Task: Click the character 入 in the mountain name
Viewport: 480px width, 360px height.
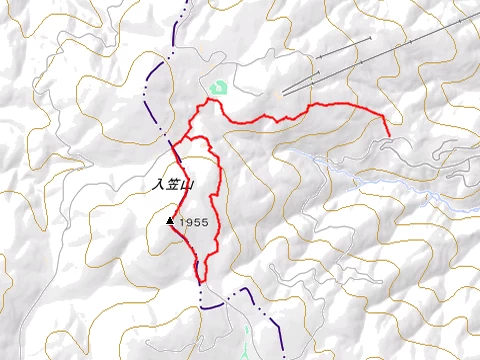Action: click(157, 184)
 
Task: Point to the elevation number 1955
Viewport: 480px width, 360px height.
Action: click(194, 222)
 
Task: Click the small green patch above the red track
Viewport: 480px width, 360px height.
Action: click(219, 87)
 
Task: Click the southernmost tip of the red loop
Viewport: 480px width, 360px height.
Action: click(200, 281)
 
